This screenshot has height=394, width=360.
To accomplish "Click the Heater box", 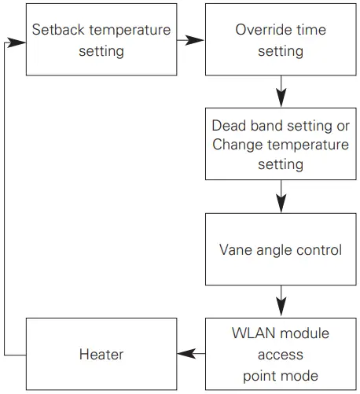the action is [x=101, y=354].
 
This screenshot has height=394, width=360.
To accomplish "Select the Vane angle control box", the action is [x=281, y=249].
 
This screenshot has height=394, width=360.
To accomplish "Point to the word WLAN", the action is [x=253, y=333].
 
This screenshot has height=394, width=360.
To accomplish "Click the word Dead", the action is [x=230, y=125].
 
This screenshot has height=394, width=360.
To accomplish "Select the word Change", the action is [x=237, y=145].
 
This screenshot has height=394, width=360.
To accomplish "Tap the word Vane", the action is [x=236, y=249].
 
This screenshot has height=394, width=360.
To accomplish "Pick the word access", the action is [x=281, y=355].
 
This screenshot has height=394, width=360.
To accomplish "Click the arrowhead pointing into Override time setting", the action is [x=195, y=40].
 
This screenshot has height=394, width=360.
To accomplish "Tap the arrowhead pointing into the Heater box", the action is [x=187, y=354].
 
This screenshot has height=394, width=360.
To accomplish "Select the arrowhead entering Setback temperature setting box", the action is [x=17, y=42].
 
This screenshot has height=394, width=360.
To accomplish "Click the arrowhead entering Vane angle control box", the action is [x=281, y=204].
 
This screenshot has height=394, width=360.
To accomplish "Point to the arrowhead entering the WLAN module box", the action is [x=281, y=307].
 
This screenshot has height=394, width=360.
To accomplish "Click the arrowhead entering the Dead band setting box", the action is [x=281, y=98].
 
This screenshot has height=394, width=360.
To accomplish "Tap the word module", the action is [x=304, y=333].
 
